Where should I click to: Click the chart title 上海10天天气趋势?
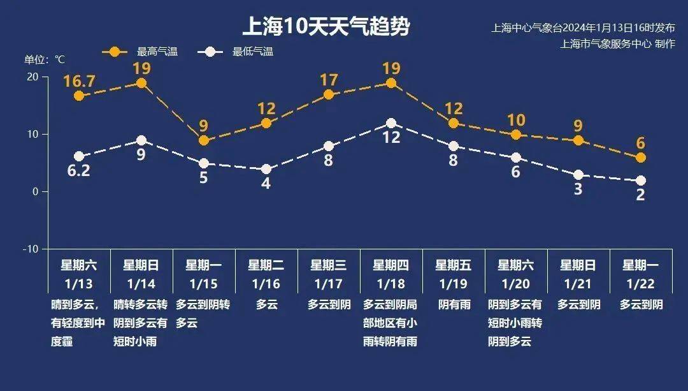click(326, 27)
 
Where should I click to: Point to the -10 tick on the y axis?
click(31, 249)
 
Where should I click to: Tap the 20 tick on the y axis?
click(32, 77)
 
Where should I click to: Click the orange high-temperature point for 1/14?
click(141, 83)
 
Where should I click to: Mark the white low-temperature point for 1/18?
click(391, 123)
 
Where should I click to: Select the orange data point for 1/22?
click(641, 158)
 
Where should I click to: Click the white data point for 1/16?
click(266, 169)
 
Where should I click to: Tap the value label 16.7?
click(79, 81)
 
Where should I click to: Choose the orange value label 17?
click(329, 80)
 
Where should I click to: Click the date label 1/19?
click(454, 283)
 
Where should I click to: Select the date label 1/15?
click(204, 283)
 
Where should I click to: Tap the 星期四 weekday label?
click(391, 265)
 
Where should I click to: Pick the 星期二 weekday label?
click(266, 265)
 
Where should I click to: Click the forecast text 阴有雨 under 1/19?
click(454, 305)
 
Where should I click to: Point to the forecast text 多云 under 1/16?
click(266, 305)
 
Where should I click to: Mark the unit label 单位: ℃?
click(45, 59)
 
